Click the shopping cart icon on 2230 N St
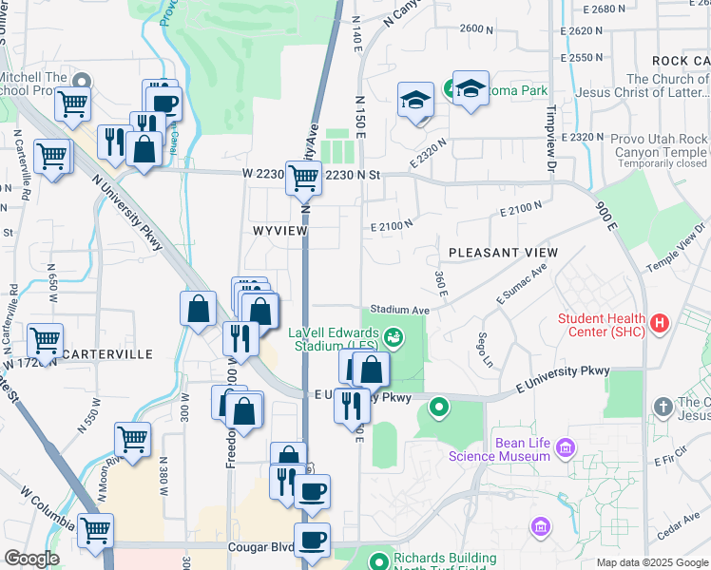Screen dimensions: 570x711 tap(303, 176)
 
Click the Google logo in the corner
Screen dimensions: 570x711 tap(31, 559)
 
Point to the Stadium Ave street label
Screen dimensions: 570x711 tap(400, 310)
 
